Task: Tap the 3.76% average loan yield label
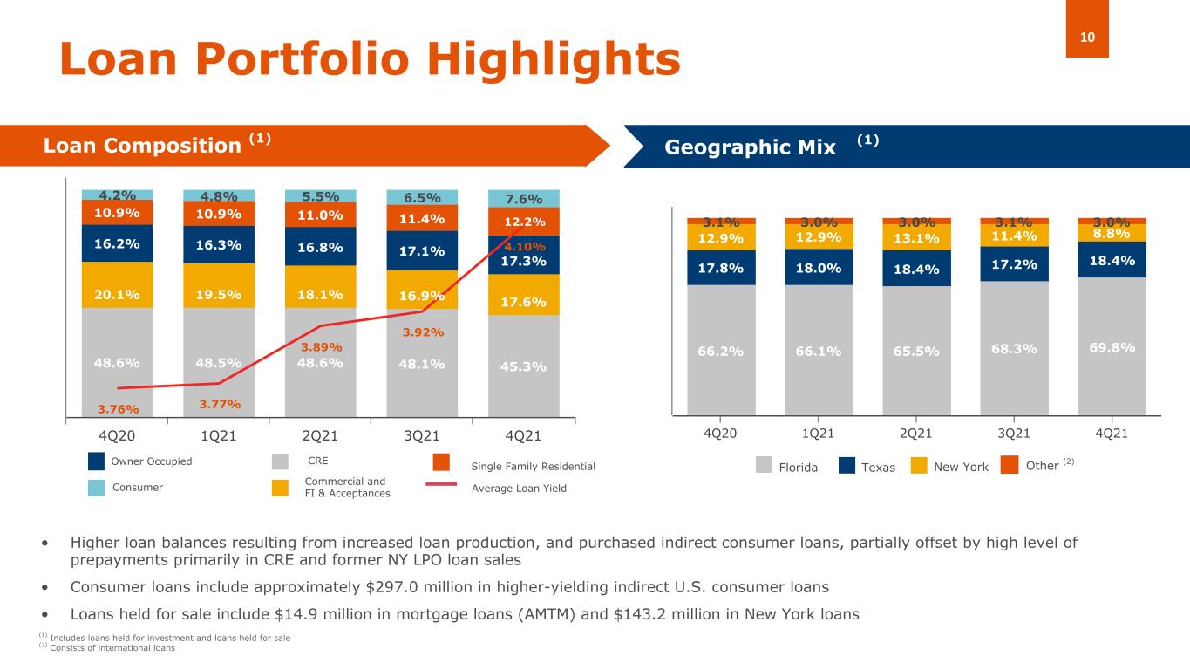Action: [118, 408]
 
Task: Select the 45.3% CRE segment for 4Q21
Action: [523, 366]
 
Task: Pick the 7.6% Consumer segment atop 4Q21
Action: [523, 198]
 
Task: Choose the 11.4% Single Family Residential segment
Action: [422, 219]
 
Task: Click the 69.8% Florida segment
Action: [1112, 347]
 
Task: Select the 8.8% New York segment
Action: [1112, 233]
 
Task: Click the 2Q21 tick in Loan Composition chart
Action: [320, 434]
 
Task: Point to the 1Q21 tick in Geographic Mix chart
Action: [819, 434]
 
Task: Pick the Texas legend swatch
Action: [847, 467]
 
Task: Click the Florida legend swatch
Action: [764, 467]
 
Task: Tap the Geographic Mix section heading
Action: [750, 147]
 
